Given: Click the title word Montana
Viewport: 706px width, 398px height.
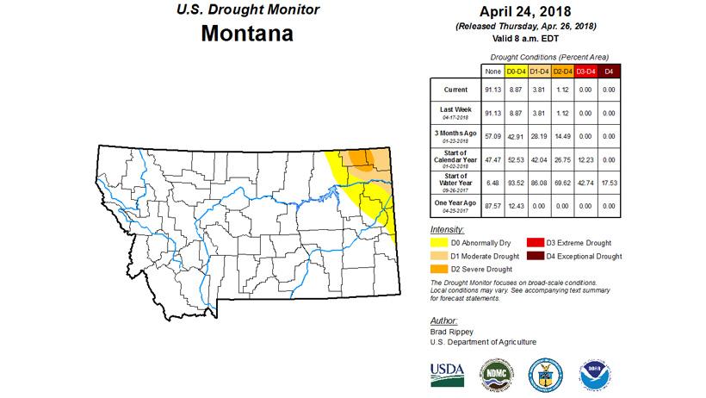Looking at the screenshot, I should (x=246, y=34).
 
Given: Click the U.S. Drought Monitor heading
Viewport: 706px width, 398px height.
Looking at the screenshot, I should (x=246, y=9).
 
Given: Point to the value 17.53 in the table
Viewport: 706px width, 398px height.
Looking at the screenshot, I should (x=609, y=183).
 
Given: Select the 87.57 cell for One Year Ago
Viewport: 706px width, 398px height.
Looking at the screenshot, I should (x=493, y=206).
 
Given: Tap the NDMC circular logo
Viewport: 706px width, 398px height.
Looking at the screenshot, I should (x=496, y=372).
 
